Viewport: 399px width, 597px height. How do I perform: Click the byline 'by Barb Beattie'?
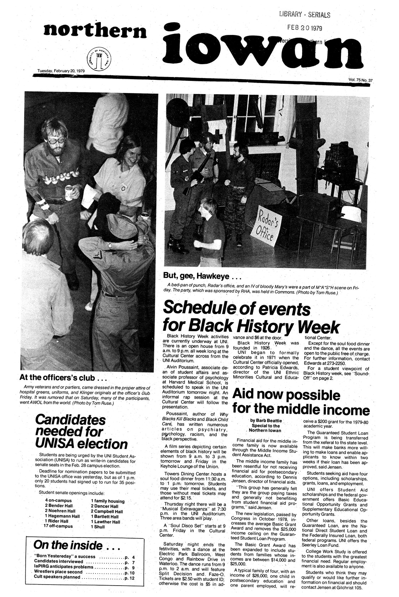[265, 421]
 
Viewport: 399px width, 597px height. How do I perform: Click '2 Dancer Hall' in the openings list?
[104, 506]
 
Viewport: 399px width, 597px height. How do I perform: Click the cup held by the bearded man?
[68, 192]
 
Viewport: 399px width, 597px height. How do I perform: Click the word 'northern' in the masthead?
[94, 31]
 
